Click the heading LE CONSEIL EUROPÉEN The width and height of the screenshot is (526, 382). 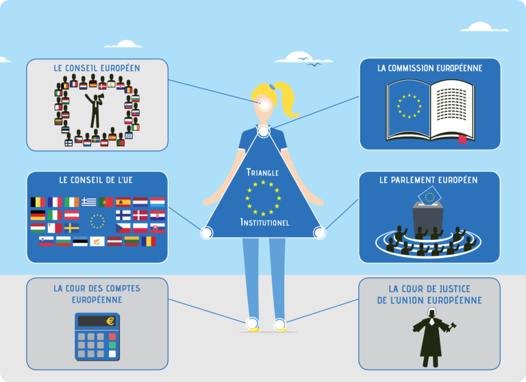pos(97,69)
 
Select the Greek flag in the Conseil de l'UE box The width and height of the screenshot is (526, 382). pos(88,202)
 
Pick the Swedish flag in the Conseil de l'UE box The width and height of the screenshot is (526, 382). pos(71,228)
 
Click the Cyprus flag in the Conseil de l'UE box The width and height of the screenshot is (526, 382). pos(97,241)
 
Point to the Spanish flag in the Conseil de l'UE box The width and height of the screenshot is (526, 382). pos(123,202)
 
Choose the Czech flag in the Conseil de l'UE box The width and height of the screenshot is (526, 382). pos(123,228)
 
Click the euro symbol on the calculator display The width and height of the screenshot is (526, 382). pos(110,321)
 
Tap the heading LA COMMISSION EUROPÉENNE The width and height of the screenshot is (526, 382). pos(429,69)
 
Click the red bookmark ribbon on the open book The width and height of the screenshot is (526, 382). pos(462,141)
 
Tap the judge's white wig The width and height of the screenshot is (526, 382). pos(432,313)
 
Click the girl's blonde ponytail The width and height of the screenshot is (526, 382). pos(292,100)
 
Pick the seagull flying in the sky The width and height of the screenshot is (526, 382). pos(316,65)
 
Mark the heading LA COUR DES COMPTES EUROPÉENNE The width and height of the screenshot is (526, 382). pos(97,294)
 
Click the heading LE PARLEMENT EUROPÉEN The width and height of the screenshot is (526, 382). pos(429,180)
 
